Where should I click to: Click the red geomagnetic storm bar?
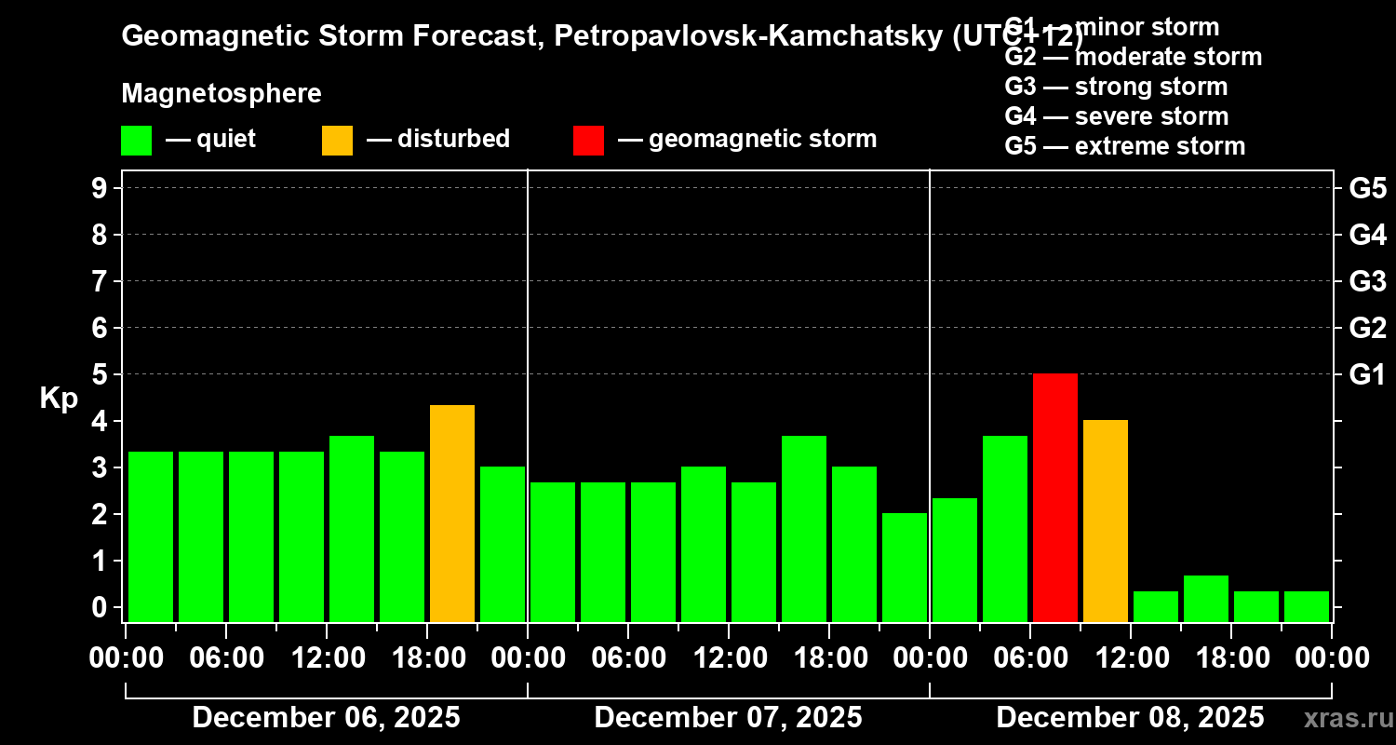[1054, 497]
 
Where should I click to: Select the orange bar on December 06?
[451, 513]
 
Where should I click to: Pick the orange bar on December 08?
[1105, 521]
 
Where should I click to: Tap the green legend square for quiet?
[136, 140]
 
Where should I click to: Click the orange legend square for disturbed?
[337, 140]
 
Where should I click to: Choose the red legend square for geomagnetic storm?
[588, 140]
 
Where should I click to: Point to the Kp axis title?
[59, 398]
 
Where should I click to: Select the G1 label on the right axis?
[1367, 374]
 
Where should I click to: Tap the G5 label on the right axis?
[1367, 188]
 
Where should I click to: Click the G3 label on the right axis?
[1367, 281]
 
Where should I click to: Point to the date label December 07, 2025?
[728, 718]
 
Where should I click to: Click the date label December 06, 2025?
[326, 718]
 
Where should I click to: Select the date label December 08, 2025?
[1130, 718]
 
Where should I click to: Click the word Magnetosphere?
[221, 94]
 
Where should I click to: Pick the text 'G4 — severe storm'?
[1116, 116]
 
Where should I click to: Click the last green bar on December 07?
[904, 567]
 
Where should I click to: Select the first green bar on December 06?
[150, 536]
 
